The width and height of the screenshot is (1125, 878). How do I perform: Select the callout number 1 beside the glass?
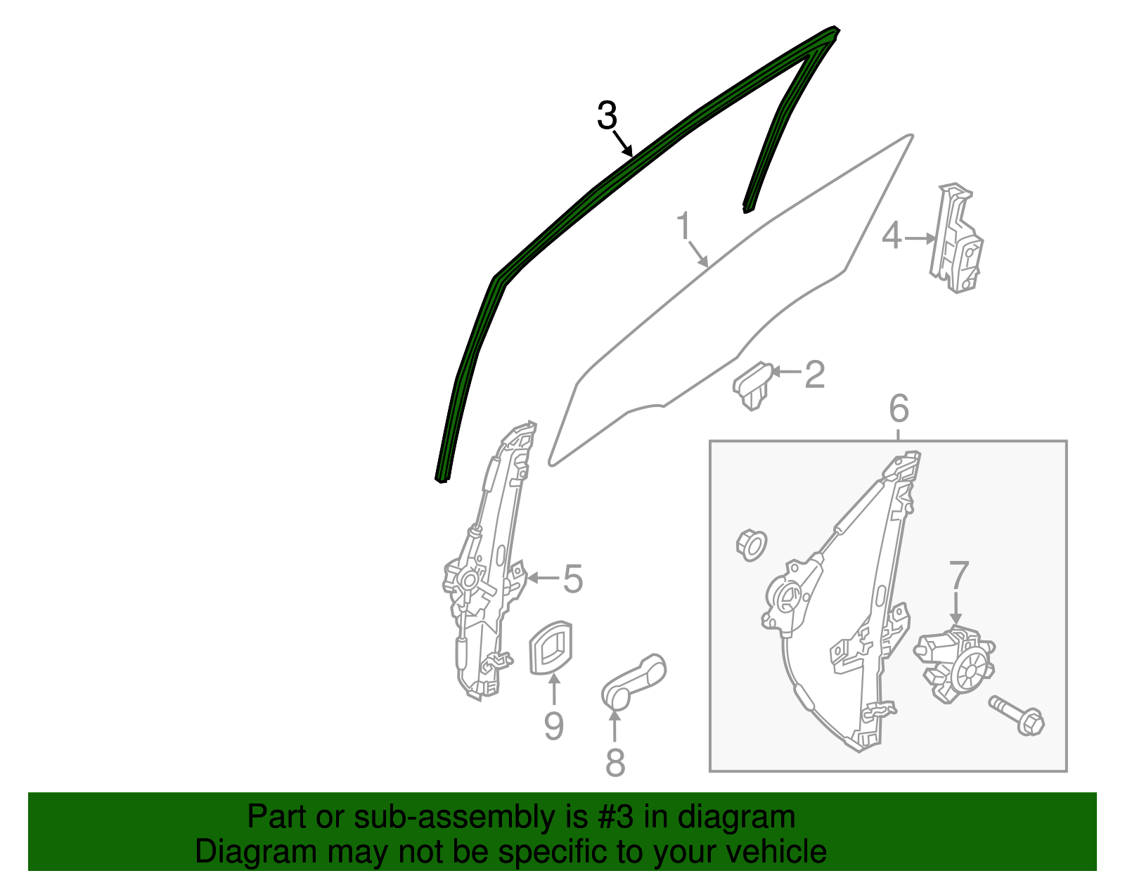(683, 226)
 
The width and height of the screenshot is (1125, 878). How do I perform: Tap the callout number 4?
(892, 236)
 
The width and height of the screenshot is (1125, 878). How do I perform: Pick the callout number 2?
(814, 375)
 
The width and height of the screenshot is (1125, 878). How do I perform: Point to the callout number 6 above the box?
(899, 408)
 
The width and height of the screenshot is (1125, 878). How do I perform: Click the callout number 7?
(959, 575)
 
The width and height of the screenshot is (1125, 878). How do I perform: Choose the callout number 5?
(572, 579)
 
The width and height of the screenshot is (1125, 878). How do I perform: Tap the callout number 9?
(553, 726)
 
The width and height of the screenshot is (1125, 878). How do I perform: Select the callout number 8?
(615, 762)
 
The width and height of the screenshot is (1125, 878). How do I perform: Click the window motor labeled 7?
(954, 664)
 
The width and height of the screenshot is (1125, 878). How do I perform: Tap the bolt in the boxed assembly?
(1017, 716)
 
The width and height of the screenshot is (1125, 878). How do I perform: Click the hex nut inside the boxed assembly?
(751, 545)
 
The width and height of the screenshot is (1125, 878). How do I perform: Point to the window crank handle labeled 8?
(634, 681)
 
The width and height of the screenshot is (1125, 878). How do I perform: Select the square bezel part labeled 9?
(551, 647)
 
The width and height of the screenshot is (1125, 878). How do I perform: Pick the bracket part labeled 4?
(956, 238)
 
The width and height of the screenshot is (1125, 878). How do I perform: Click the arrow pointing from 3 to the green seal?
(623, 143)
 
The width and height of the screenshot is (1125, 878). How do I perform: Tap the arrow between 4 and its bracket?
(920, 238)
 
